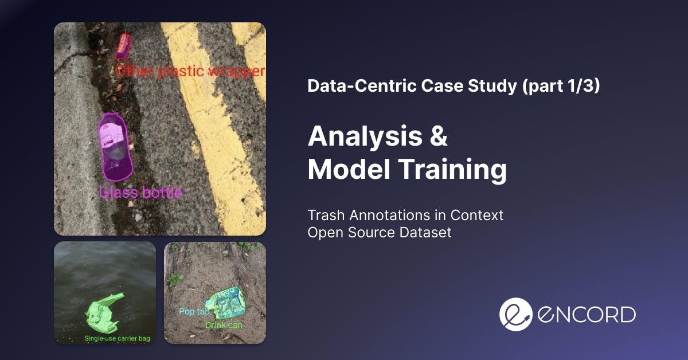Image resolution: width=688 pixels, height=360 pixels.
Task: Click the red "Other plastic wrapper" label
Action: [190, 72]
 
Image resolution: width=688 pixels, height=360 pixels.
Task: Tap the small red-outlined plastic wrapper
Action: [123, 46]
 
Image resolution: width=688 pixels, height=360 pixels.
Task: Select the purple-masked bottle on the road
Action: [115, 147]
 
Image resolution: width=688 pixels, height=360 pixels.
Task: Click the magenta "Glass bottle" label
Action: [140, 193]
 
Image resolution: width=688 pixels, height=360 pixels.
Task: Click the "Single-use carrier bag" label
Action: [117, 338]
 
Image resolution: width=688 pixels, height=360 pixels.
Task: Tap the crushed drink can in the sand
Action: [226, 303]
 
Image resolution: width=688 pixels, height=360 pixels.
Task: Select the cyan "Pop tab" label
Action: [194, 311]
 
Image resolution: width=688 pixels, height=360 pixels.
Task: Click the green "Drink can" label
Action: [224, 325]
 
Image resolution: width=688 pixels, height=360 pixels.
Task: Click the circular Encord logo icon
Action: [515, 314]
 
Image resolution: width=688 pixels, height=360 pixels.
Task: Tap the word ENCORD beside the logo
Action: [587, 315]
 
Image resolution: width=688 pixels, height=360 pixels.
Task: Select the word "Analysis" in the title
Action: [365, 137]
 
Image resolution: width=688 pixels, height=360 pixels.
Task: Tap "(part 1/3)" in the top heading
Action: [561, 85]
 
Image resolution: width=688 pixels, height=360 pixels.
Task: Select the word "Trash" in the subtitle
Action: [326, 216]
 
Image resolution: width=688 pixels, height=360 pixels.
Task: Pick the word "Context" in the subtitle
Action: [477, 216]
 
